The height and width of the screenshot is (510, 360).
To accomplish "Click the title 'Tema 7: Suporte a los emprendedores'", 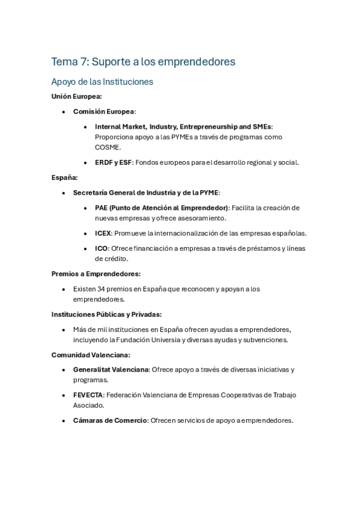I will tap(143, 61).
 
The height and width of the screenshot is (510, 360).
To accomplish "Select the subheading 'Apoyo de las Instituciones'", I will tap(102, 81).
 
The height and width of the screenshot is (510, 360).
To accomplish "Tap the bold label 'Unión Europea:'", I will tap(76, 96).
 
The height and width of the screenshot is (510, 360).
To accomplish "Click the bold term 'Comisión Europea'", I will tap(103, 111).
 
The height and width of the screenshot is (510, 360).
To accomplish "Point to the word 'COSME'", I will tap(108, 147).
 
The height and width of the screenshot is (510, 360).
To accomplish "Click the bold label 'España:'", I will tap(64, 177).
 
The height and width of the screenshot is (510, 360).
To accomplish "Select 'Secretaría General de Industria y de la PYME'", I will tap(145, 192).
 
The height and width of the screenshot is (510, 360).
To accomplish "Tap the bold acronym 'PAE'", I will tap(102, 207).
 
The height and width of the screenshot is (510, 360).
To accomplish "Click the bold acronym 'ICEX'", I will tap(103, 233).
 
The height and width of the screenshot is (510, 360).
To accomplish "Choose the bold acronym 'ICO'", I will tap(101, 248).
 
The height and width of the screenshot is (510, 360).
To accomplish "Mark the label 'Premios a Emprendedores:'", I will tap(96, 274).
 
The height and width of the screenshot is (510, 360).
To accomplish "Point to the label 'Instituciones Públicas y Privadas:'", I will tap(106, 314).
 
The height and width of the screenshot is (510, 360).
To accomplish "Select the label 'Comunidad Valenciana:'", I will tap(91, 355).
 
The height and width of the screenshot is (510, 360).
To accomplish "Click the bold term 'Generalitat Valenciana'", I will tap(111, 370).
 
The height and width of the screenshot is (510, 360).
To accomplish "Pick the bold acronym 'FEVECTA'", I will tap(88, 395).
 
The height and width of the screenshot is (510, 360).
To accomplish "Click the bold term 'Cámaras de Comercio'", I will tap(110, 420).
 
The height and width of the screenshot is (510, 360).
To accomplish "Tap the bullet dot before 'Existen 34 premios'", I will tap(64, 289).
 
